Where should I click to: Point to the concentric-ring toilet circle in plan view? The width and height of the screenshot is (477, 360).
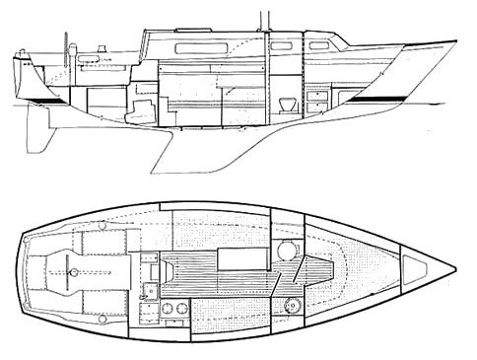287,251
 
